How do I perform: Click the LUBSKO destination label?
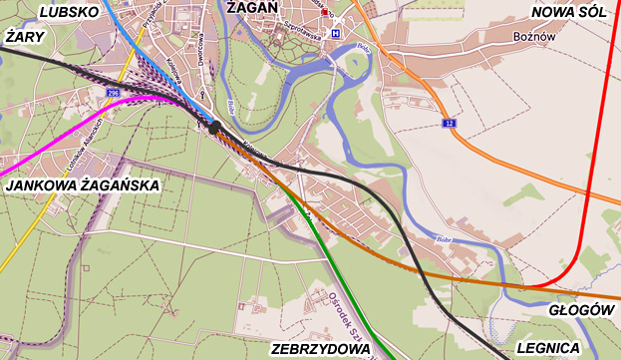(68, 12)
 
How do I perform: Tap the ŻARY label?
(27, 36)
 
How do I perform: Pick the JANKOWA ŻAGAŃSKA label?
(82, 185)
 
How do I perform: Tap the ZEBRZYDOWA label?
(320, 349)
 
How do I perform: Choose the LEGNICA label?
(548, 348)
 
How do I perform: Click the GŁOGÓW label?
(580, 310)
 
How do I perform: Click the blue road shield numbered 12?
(450, 123)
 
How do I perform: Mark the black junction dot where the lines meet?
(212, 127)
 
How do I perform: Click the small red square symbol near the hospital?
(324, 11)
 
